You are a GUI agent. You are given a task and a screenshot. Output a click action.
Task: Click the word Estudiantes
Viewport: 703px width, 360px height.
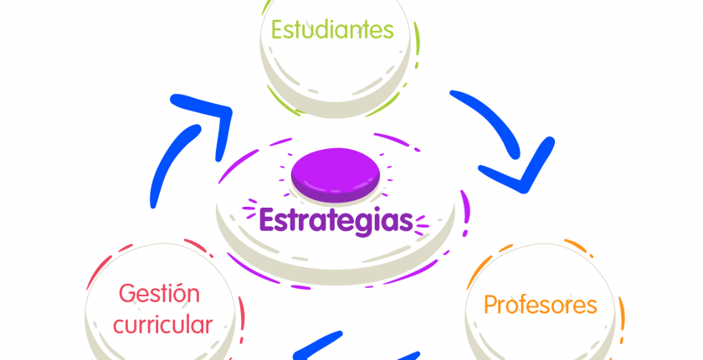pos(332,29)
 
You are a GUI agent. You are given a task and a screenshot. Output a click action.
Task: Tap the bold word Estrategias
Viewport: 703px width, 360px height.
pos(336,220)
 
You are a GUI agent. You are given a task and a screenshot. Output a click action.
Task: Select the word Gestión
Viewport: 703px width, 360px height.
pos(159,294)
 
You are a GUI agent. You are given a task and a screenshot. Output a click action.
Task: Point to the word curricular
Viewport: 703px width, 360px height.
pos(162,324)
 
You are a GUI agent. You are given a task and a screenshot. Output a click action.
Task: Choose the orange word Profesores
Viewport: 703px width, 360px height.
pos(541,305)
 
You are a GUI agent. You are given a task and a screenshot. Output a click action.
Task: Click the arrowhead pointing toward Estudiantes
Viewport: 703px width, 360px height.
pos(211,116)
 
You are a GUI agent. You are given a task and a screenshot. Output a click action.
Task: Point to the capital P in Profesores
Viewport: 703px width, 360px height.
pos(490,305)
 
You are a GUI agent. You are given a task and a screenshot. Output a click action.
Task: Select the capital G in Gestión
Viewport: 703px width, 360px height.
pos(127,294)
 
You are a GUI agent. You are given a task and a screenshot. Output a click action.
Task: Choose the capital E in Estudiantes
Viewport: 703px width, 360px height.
pos(277,29)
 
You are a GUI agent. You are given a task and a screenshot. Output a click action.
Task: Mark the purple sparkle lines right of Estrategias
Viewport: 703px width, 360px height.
pos(422,225)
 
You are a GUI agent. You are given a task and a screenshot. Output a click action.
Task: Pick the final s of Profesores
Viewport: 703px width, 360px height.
pos(592,307)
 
